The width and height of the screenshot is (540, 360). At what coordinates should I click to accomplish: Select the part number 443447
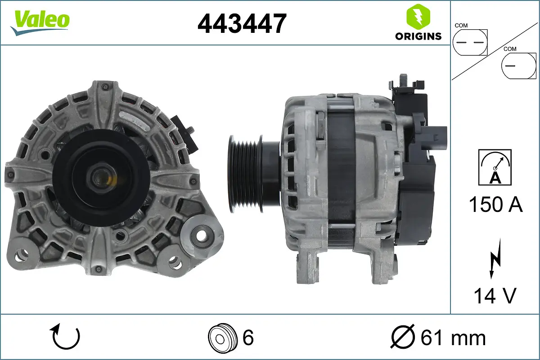point(242,23)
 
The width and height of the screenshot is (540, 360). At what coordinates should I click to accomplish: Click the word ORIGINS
point(418,36)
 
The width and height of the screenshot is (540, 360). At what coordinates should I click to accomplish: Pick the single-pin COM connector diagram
point(519,65)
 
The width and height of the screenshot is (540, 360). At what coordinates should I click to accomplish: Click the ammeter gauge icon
point(495,167)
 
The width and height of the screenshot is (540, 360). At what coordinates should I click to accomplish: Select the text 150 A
point(495,204)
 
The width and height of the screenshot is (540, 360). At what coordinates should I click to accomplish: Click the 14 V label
point(495,296)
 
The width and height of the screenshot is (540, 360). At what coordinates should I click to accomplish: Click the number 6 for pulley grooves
point(248,337)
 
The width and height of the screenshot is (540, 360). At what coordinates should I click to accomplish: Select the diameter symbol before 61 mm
point(402,337)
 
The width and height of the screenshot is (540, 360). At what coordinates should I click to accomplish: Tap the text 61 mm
point(453,337)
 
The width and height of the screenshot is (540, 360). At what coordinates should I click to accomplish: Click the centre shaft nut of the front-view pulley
point(100,176)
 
